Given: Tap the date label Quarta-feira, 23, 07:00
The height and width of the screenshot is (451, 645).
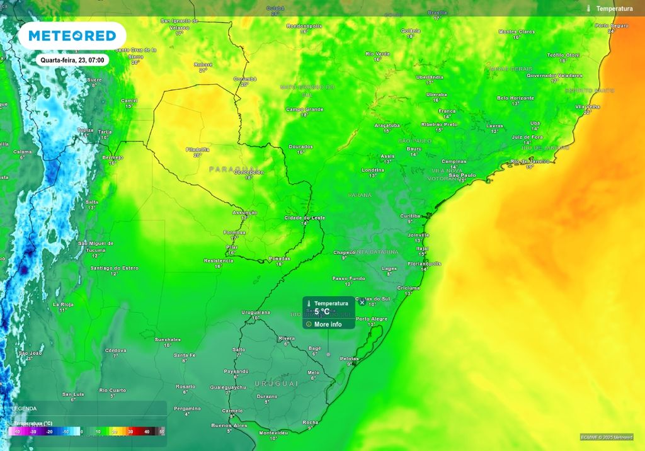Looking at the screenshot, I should [72, 60].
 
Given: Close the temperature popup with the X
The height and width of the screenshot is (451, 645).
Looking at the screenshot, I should [362, 302].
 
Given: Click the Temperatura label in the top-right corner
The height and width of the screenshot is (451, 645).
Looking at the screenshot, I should [614, 9].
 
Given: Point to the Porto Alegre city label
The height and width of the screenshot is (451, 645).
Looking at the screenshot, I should [372, 319].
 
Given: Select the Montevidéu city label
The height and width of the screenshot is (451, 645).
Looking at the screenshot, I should [273, 433].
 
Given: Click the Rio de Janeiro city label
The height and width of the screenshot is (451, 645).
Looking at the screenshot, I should [530, 161].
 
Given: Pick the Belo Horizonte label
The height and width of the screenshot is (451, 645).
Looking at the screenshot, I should [515, 98].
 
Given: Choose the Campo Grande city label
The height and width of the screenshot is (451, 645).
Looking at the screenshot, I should [305, 109].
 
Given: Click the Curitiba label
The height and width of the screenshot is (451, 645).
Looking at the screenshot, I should [410, 215].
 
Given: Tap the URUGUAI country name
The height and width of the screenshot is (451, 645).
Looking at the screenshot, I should [276, 384].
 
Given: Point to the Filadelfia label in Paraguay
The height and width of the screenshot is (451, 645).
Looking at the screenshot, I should [197, 149].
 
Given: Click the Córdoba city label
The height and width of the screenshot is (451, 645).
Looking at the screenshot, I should [115, 350].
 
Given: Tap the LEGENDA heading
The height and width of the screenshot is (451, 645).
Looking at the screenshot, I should [24, 408].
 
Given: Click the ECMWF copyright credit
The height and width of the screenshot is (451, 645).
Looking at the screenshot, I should [607, 437].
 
